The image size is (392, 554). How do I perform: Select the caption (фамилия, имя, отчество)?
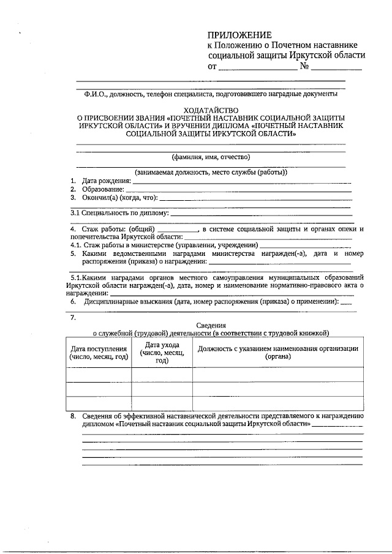pos(211,156)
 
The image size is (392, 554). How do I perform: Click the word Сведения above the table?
pos(211,325)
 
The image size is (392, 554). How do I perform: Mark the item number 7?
pos(73,317)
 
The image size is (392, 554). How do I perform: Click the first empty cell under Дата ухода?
pos(162,374)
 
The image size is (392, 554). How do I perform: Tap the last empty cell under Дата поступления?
pos(99,403)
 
